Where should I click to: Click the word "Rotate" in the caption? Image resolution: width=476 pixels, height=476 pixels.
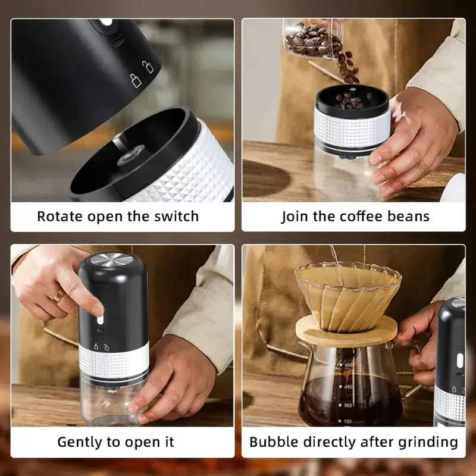coord(60,217)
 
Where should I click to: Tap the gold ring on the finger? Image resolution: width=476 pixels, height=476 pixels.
coord(58,296)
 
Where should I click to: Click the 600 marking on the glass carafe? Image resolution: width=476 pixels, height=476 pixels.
coord(347,365)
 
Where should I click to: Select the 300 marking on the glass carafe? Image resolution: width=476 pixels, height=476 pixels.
coord(347,405)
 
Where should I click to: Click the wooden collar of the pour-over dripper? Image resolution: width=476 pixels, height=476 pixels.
coord(346,331)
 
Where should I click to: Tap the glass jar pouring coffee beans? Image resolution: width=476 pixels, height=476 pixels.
coord(314,39)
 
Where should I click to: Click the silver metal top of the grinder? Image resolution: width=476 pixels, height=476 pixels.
coord(112,260)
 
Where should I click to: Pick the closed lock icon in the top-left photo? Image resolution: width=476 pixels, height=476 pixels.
coord(136,80)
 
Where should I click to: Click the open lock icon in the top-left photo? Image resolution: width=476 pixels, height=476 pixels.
coord(148,67)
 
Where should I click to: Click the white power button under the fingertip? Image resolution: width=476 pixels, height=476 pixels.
coord(100,320)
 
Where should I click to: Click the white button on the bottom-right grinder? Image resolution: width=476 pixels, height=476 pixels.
coord(460,361)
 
